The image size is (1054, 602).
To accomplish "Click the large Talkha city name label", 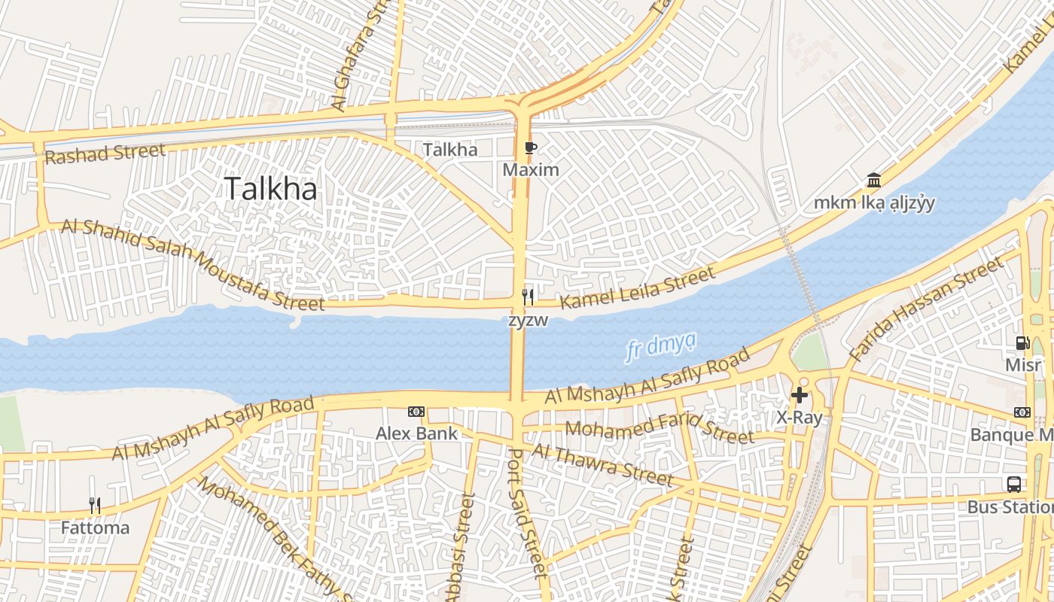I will (271, 188).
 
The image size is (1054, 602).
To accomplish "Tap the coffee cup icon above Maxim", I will (531, 147).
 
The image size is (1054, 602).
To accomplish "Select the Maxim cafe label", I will (531, 169).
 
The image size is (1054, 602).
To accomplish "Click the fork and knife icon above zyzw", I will (528, 297).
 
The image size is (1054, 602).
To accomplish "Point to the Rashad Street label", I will (105, 154).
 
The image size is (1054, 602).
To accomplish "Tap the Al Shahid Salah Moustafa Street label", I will (193, 263).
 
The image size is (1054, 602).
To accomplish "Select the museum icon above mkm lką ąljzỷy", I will (874, 181).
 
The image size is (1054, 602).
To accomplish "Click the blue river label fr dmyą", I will (660, 348).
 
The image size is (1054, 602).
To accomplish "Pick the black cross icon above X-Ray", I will (799, 395).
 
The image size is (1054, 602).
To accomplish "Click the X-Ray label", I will (799, 418).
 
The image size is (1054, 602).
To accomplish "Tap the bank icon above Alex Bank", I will (416, 412).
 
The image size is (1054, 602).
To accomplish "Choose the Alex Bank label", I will (416, 433).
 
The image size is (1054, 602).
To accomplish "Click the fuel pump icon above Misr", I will (1022, 343).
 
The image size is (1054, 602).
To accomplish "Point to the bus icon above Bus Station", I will (1014, 485).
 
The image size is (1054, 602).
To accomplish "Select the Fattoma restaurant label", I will (95, 528).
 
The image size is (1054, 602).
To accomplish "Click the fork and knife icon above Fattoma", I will (95, 505).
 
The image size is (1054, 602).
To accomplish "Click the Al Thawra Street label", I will (602, 464).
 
